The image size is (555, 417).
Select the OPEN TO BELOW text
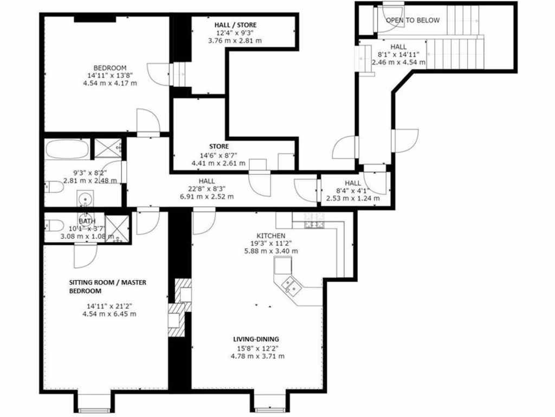click(x=412, y=20)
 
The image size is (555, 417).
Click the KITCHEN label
click(x=271, y=236)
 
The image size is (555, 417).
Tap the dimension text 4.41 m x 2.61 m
click(x=218, y=163)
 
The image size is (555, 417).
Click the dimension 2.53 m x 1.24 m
click(x=353, y=198)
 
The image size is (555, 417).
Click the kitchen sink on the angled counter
click(x=291, y=285)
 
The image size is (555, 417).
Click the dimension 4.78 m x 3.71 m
click(x=258, y=356)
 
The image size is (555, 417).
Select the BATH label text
click(x=87, y=221)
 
